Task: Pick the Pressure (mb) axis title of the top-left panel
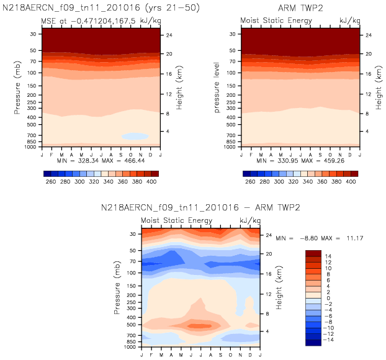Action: [x=17, y=86]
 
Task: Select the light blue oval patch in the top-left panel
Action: [x=135, y=136]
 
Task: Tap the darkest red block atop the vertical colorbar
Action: [x=313, y=253]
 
